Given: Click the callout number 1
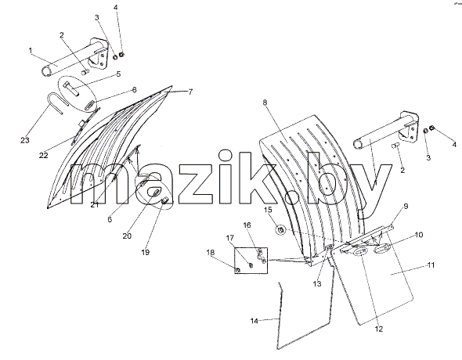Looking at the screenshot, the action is [31, 51].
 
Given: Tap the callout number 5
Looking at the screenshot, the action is [118, 74].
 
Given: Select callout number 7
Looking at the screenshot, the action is [190, 92].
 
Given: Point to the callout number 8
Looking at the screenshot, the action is [265, 103].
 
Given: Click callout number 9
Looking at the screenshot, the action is [406, 206].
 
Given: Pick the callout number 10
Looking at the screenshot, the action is [419, 235].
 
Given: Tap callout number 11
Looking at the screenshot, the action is [431, 265].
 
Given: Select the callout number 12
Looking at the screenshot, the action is [379, 329].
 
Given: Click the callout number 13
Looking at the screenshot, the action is [317, 284].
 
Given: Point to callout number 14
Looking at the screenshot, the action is [254, 321].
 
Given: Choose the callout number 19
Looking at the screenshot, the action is [146, 252].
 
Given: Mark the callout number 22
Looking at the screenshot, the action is [43, 155].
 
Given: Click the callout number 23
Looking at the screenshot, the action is [25, 140].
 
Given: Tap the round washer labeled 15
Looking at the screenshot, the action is [281, 229].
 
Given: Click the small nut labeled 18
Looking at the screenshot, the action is [238, 270].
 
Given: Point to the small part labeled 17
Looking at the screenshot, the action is [251, 265].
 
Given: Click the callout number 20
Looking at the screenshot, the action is [127, 236].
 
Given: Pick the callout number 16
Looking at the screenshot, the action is [247, 225].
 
